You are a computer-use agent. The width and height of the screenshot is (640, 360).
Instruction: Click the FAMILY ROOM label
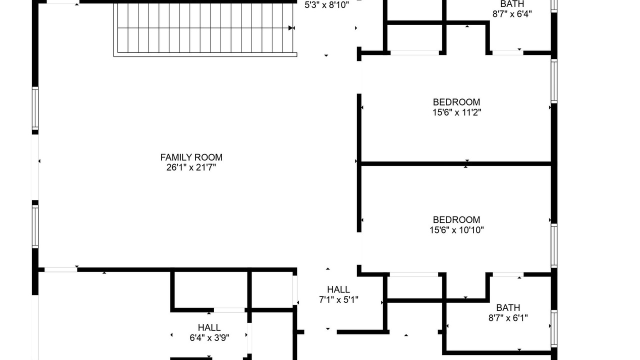click(x=191, y=157)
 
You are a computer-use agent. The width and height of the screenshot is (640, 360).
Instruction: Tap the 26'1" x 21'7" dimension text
click(x=191, y=167)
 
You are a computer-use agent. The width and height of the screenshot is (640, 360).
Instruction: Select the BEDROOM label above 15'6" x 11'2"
click(x=456, y=102)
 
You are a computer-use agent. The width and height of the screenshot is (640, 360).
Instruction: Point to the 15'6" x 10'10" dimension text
click(x=456, y=230)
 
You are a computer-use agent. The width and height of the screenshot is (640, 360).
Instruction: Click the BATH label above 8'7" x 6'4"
click(x=512, y=4)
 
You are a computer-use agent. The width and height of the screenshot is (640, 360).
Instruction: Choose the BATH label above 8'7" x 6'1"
click(x=508, y=307)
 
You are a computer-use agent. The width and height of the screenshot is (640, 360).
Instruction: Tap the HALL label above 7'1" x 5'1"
click(x=338, y=289)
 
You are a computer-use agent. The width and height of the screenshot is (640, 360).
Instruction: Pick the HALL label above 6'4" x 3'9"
click(x=209, y=327)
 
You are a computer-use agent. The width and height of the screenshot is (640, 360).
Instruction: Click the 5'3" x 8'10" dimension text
click(x=326, y=5)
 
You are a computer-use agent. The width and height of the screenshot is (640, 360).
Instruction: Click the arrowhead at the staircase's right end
click(x=290, y=28)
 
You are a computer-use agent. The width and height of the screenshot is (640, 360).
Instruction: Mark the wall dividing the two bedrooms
click(x=456, y=163)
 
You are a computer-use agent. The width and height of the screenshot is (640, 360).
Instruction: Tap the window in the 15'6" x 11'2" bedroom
click(x=554, y=81)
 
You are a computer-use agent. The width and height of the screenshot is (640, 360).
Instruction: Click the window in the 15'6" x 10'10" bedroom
click(x=554, y=245)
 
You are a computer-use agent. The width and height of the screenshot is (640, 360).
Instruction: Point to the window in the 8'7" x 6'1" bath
click(x=554, y=328)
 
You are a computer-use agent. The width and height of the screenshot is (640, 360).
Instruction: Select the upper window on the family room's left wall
click(x=35, y=108)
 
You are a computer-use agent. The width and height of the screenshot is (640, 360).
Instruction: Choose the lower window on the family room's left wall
click(x=35, y=226)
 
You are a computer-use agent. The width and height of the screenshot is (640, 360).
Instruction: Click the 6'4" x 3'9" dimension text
click(x=209, y=338)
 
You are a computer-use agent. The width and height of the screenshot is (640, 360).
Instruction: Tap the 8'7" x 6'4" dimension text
click(x=512, y=14)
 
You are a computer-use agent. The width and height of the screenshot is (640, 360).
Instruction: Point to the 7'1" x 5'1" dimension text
click(x=338, y=300)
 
